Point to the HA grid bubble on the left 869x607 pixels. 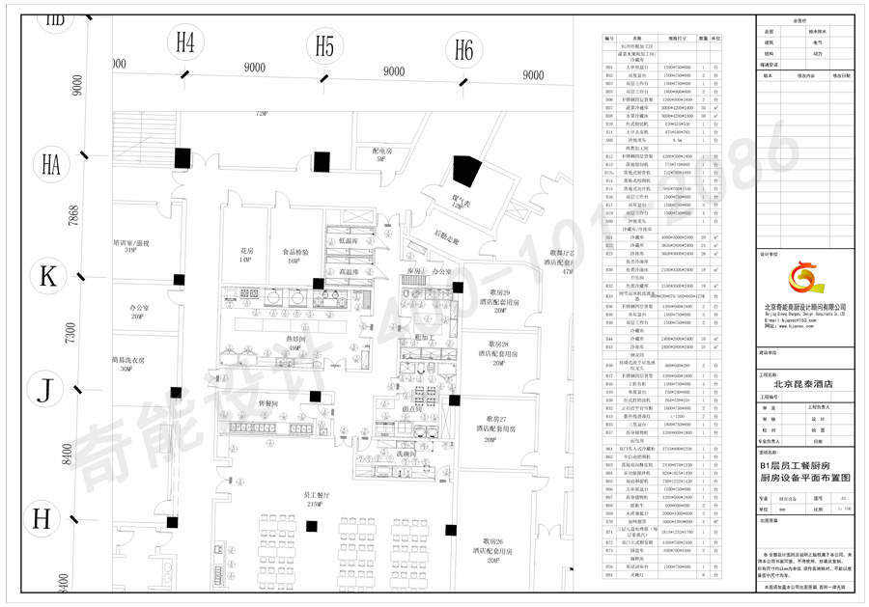click(51, 164)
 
